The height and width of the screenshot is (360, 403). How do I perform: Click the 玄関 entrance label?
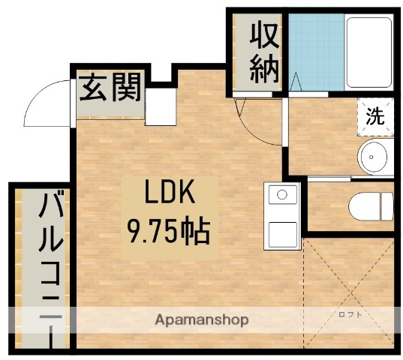point(111,89)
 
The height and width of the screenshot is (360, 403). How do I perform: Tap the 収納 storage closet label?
point(265,52)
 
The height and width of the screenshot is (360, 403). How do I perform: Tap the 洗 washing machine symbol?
point(375,116)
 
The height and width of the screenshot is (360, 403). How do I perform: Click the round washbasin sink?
point(372,157)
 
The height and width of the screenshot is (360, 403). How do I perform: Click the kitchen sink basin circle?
point(282,195)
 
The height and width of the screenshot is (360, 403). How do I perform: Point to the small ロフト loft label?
point(350,314)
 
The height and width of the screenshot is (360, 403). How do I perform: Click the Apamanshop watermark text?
point(202,319)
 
